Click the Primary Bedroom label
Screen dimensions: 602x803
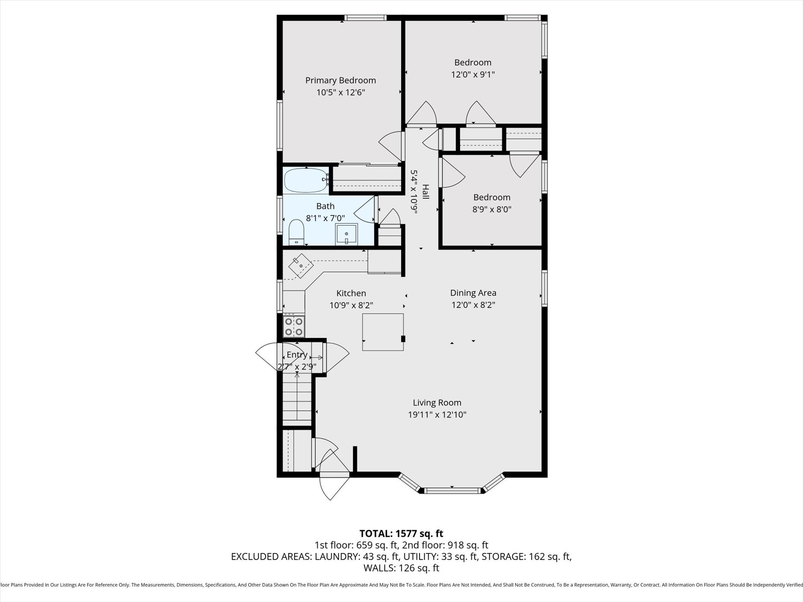340,80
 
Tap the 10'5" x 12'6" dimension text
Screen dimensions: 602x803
340,92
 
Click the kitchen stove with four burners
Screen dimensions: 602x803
294,326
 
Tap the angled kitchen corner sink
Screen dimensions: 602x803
301,266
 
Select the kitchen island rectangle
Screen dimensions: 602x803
383,332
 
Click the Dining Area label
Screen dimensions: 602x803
473,293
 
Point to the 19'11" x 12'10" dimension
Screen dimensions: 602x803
437,415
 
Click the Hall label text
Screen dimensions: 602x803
426,192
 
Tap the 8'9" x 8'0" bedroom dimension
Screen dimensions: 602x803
492,209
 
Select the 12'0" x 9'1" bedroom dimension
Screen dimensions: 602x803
473,74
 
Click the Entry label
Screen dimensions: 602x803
297,355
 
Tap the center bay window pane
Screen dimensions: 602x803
452,491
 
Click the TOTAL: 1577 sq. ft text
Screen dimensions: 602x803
401,533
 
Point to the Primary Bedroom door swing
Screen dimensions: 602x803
392,145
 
